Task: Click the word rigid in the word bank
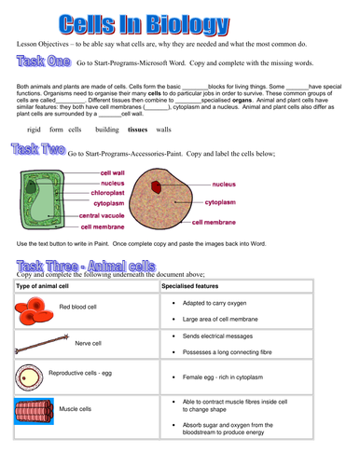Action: [x=35, y=130]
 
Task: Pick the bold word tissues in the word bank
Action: [x=138, y=130]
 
